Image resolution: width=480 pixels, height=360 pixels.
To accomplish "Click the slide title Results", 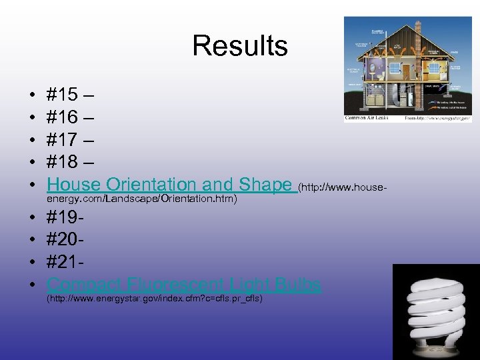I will pos(239,46).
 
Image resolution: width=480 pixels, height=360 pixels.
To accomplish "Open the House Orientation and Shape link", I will pos(170,185).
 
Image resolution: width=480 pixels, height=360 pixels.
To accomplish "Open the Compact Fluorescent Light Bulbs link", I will pos(184,285).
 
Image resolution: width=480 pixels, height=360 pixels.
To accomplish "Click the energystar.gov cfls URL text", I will pos(154,299).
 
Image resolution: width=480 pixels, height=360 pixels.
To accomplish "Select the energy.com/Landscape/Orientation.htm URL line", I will pos(142,199).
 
